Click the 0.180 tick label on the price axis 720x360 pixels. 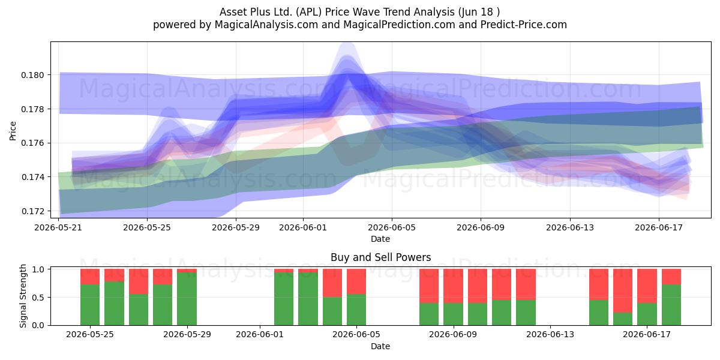point(32,75)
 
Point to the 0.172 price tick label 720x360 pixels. point(32,211)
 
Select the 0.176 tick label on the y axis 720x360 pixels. point(32,143)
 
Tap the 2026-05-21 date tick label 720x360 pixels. point(58,227)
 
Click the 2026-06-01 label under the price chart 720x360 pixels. point(303,227)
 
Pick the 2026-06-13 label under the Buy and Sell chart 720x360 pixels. point(550,335)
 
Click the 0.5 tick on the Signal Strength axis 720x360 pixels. point(38,298)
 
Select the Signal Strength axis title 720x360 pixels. point(23,296)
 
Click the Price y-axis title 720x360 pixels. point(13,131)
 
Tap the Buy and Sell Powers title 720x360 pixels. point(380,257)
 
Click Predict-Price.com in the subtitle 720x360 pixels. point(524,25)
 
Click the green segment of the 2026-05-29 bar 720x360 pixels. point(187,299)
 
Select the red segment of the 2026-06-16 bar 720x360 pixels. point(623,290)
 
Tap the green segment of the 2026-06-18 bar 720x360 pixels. point(671,305)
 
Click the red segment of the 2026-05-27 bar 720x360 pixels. point(139,281)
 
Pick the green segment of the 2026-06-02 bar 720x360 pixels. point(284,299)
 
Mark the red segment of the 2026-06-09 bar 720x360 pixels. point(453,286)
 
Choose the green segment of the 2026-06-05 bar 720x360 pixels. point(356,310)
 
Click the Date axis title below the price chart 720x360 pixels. point(380,239)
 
